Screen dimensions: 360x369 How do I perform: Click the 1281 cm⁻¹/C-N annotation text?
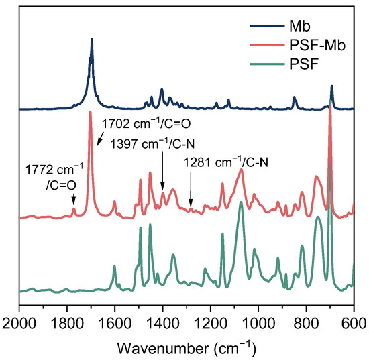tap(227, 162)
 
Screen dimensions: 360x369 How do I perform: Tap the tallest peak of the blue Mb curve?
tap(91, 40)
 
